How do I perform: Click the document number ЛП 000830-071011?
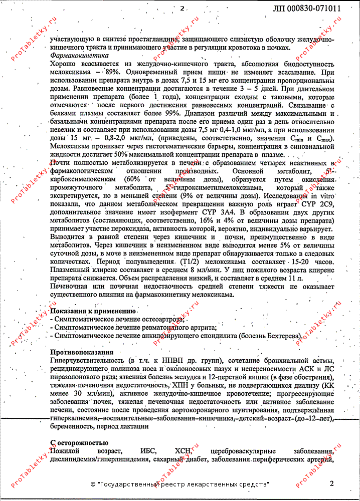point(307,9)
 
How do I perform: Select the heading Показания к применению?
point(93,311)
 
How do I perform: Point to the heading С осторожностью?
point(79,442)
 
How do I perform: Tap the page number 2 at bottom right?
point(331,483)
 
